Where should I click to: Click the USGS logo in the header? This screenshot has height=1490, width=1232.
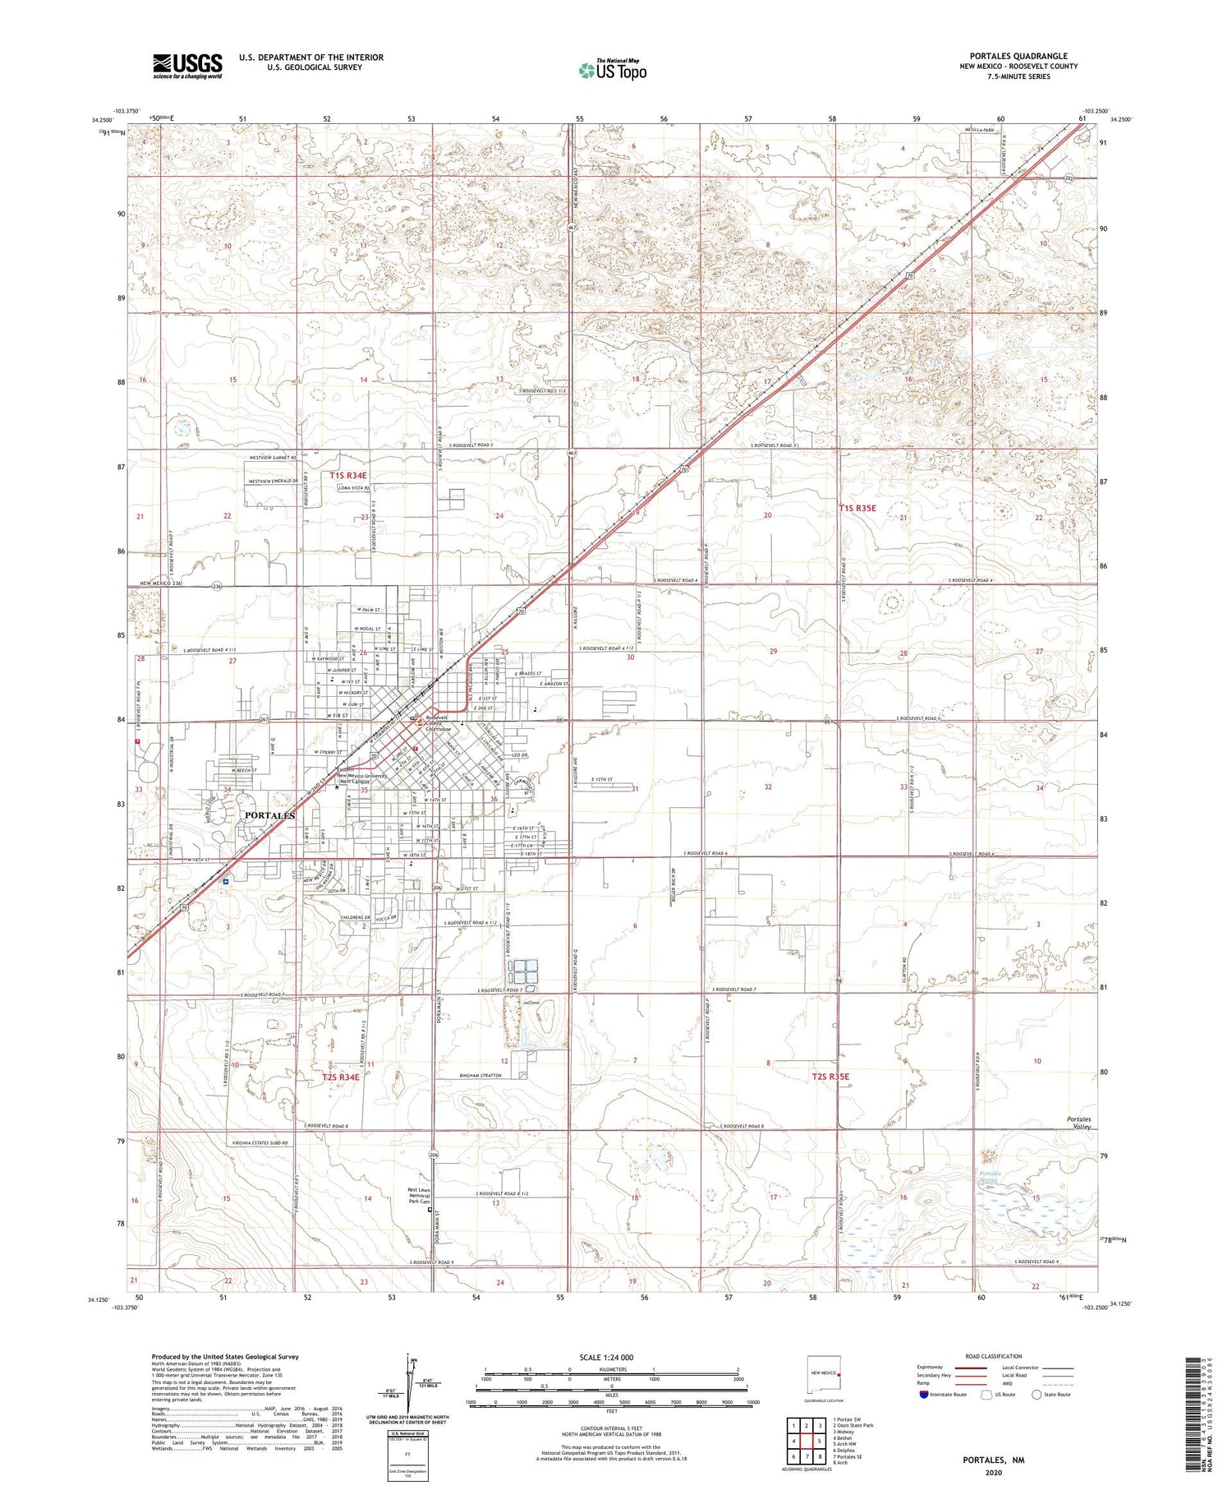click(x=187, y=66)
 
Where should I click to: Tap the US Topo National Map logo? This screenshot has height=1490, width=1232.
click(x=613, y=70)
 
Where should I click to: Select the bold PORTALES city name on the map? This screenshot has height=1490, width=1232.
click(x=269, y=815)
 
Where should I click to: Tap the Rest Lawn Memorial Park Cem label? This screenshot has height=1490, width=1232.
click(x=420, y=1195)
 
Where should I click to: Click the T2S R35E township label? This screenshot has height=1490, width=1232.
click(x=830, y=1076)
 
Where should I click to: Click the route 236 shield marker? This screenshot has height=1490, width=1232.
click(x=217, y=587)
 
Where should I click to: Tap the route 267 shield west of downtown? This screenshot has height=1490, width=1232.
click(x=264, y=720)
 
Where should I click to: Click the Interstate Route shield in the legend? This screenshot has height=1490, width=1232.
click(x=924, y=1394)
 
